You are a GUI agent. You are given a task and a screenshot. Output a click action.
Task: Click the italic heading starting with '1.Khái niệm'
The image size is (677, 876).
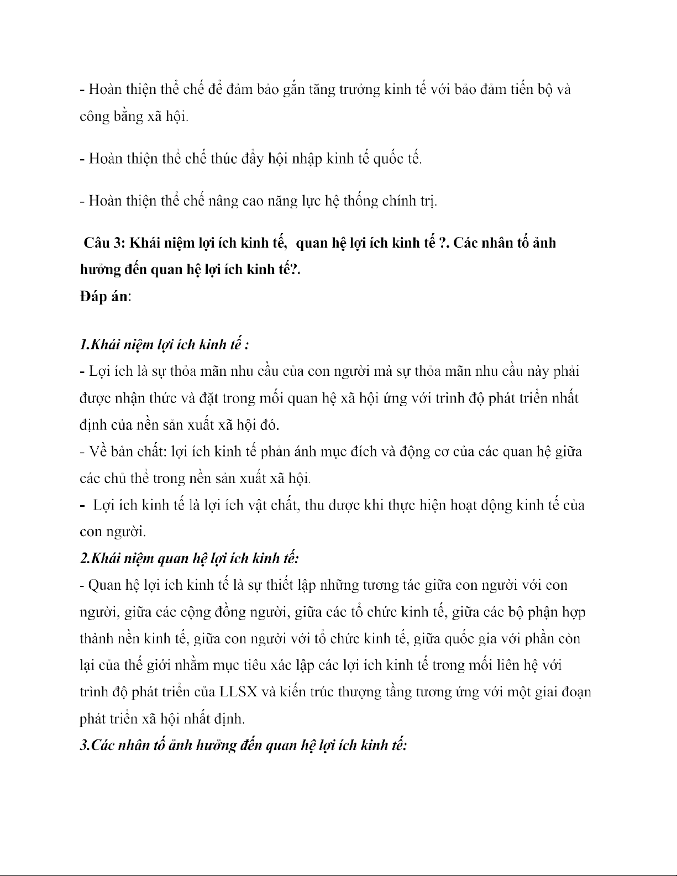pyautogui.click(x=164, y=345)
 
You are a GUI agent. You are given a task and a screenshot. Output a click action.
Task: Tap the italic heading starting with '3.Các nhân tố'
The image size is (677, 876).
pyautogui.click(x=243, y=746)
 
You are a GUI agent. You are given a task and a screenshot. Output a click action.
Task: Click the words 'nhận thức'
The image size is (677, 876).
pyautogui.click(x=141, y=398)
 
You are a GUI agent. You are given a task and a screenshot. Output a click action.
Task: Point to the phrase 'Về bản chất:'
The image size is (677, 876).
pyautogui.click(x=125, y=452)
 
